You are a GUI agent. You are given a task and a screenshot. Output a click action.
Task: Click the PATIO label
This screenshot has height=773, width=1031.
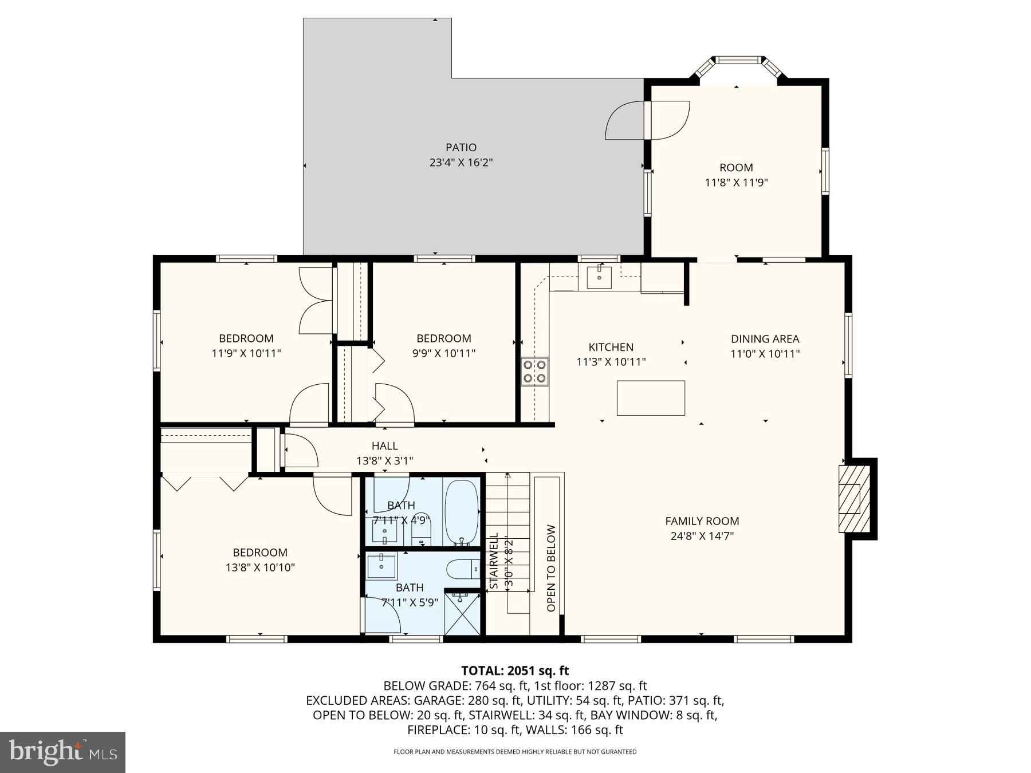click(x=461, y=148)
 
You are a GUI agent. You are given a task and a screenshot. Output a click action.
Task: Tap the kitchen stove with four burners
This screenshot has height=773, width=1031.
click(x=534, y=371)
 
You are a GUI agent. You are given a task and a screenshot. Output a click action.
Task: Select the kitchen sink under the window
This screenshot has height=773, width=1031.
click(x=599, y=278)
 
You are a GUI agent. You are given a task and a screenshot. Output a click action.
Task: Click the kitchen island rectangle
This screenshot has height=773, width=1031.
click(x=651, y=398)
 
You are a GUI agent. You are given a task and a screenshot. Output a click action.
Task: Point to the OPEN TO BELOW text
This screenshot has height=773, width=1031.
click(x=551, y=569)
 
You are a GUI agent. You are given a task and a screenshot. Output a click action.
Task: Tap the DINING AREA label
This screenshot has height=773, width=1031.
click(x=765, y=339)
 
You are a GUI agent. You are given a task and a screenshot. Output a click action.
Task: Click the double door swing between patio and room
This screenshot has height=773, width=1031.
click(x=647, y=120)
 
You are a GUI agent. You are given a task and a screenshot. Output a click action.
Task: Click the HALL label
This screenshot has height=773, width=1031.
click(x=384, y=446)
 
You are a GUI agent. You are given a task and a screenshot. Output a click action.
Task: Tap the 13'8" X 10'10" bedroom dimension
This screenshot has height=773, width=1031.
click(x=260, y=567)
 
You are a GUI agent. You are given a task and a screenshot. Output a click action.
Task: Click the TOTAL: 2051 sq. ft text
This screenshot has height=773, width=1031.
click(x=515, y=671)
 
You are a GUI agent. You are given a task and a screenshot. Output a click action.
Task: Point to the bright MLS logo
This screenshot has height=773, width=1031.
click(x=62, y=752)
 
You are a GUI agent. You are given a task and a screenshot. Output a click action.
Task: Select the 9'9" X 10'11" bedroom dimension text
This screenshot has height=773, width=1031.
click(x=443, y=353)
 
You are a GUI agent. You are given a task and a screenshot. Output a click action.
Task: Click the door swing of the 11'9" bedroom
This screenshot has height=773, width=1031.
click(x=309, y=405)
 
